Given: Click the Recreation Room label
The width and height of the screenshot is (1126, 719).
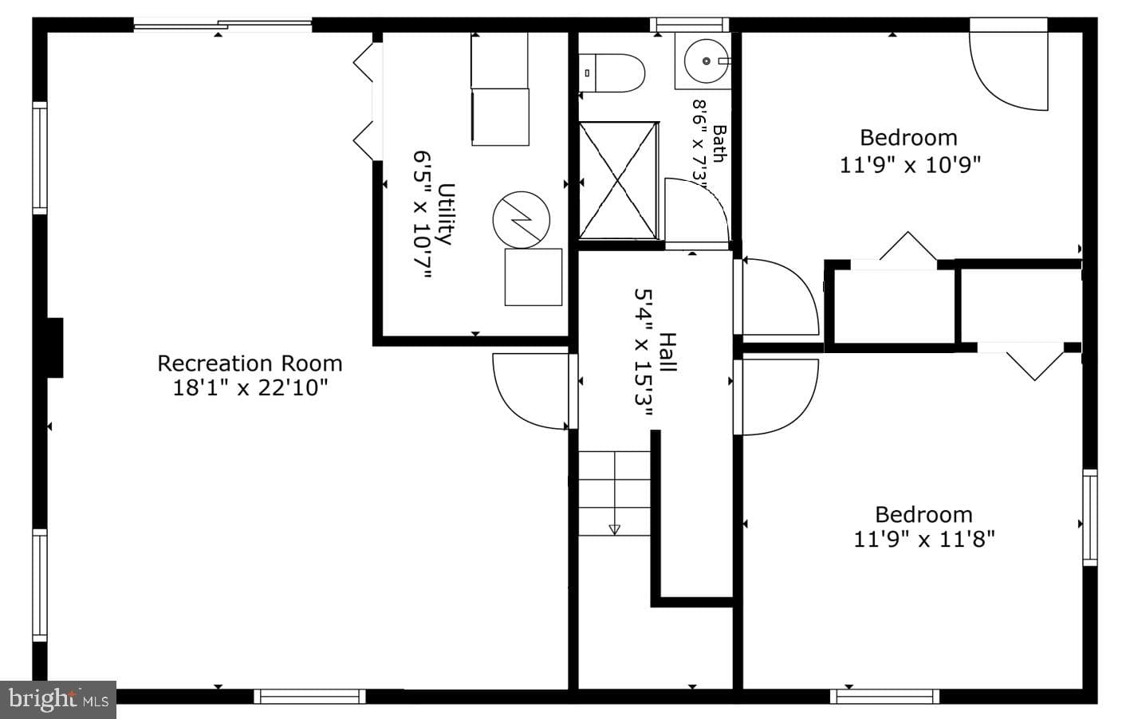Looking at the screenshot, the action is point(250,363).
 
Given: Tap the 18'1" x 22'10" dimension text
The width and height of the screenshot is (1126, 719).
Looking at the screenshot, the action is point(250,388).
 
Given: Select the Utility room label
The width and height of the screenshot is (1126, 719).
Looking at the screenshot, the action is point(447,214).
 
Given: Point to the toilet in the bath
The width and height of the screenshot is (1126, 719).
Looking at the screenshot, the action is point(612,73).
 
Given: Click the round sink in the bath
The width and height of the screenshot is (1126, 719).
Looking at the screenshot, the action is point(707,61).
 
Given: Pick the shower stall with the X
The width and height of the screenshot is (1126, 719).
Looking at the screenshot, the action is point(618,181).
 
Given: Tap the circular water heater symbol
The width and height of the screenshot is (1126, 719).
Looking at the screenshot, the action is point(522,219).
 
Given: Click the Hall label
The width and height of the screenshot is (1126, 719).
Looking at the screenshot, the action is point(667,352).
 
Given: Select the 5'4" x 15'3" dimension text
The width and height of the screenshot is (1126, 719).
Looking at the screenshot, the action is point(643,352).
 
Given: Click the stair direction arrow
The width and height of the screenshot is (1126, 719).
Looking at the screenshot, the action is point(614,529).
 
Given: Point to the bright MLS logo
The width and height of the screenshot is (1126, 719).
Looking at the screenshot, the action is point(57,699).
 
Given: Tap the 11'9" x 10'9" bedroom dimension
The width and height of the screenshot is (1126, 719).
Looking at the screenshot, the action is point(911,165).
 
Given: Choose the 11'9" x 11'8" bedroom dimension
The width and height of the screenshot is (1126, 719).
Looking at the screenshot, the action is point(924,540).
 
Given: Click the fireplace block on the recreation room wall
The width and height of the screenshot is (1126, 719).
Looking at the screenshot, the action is point(55,348).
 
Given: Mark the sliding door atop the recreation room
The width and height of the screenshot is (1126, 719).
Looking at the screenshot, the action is point(222,25).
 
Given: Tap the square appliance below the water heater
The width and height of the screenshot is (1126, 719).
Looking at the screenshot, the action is point(533,277).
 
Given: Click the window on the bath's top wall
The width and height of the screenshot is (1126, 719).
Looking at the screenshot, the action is point(689,25).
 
